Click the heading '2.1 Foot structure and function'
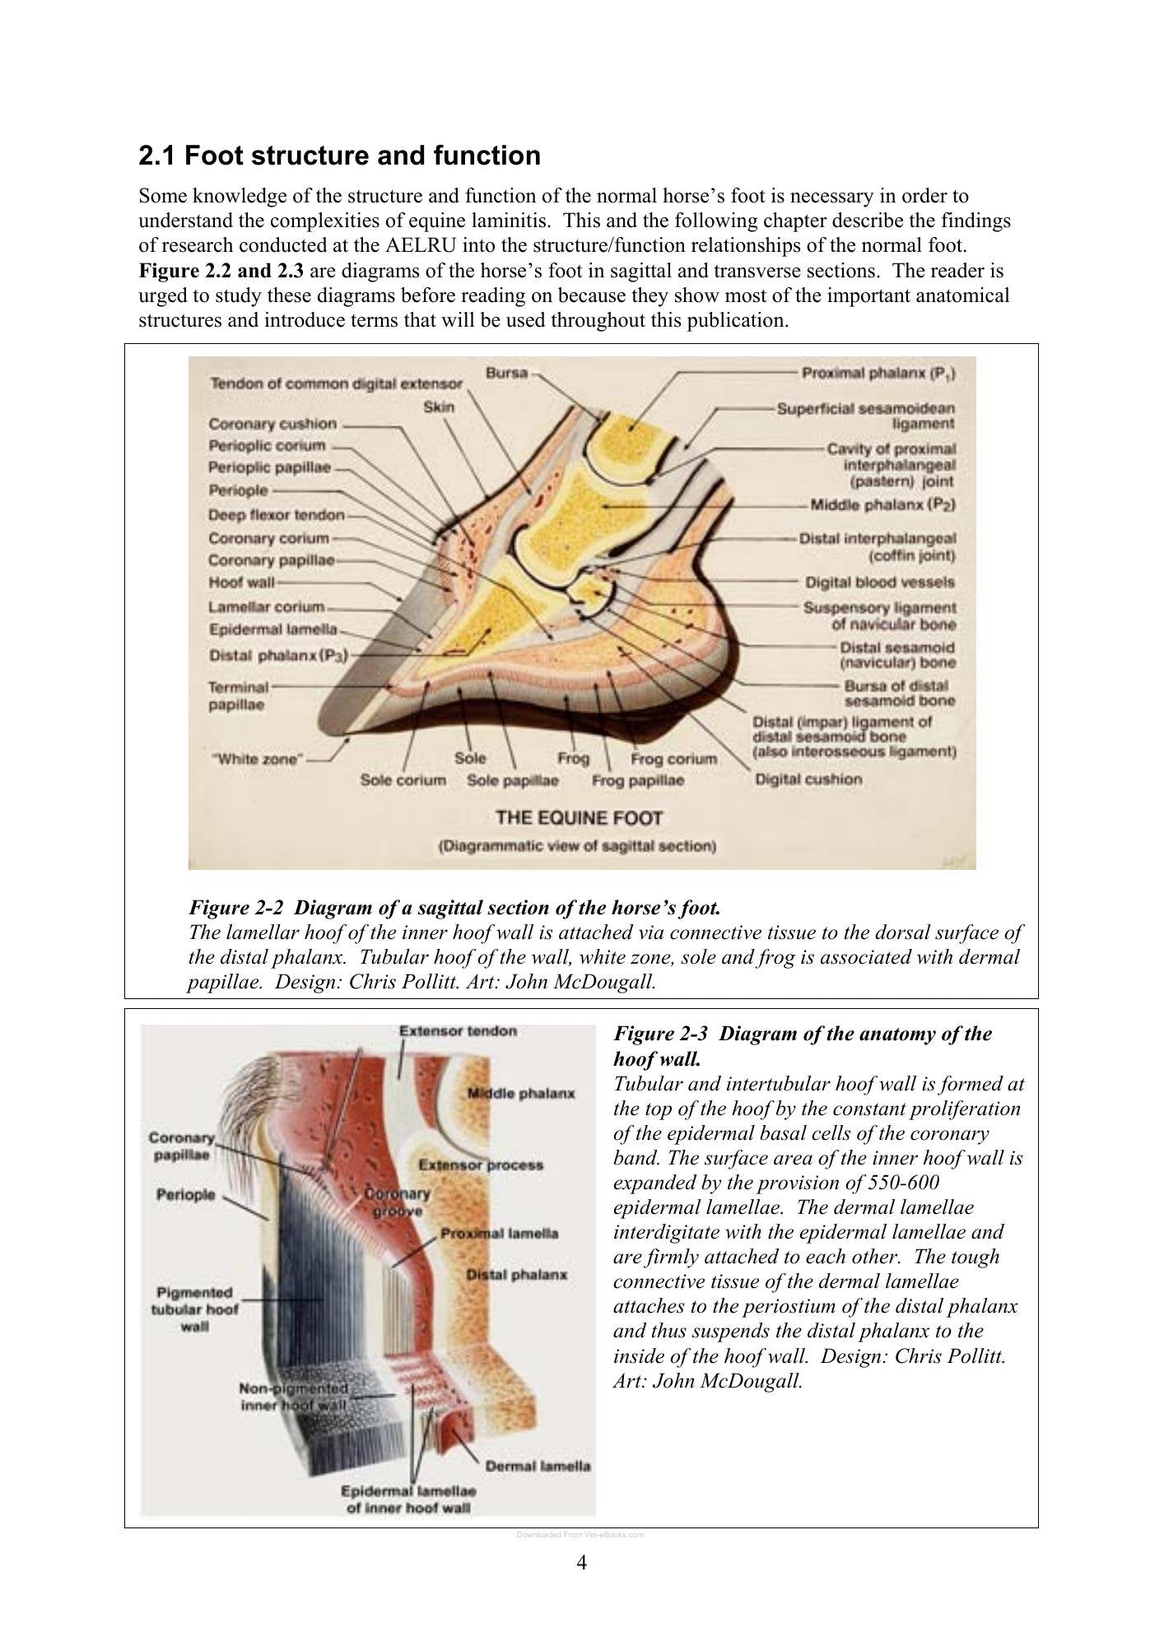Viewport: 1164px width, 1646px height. pyautogui.click(x=339, y=156)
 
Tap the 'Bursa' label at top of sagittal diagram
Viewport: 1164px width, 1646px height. pyautogui.click(x=506, y=373)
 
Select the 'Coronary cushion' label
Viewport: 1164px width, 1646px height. pyautogui.click(x=272, y=424)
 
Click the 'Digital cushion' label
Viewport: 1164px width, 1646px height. pyautogui.click(x=809, y=779)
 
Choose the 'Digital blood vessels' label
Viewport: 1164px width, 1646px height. pyautogui.click(x=880, y=582)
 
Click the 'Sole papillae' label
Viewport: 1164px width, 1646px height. pyautogui.click(x=513, y=779)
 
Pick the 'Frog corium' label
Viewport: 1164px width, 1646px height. pyautogui.click(x=673, y=758)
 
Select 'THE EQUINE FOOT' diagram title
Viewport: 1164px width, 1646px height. pyautogui.click(x=579, y=818)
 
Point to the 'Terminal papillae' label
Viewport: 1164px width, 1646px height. pyautogui.click(x=239, y=695)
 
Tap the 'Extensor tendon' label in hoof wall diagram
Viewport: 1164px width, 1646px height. pyautogui.click(x=458, y=1030)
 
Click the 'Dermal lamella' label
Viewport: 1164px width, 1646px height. pyautogui.click(x=538, y=1466)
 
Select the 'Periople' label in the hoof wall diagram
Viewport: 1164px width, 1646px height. pyautogui.click(x=185, y=1194)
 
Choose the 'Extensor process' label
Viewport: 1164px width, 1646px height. pyautogui.click(x=481, y=1165)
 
